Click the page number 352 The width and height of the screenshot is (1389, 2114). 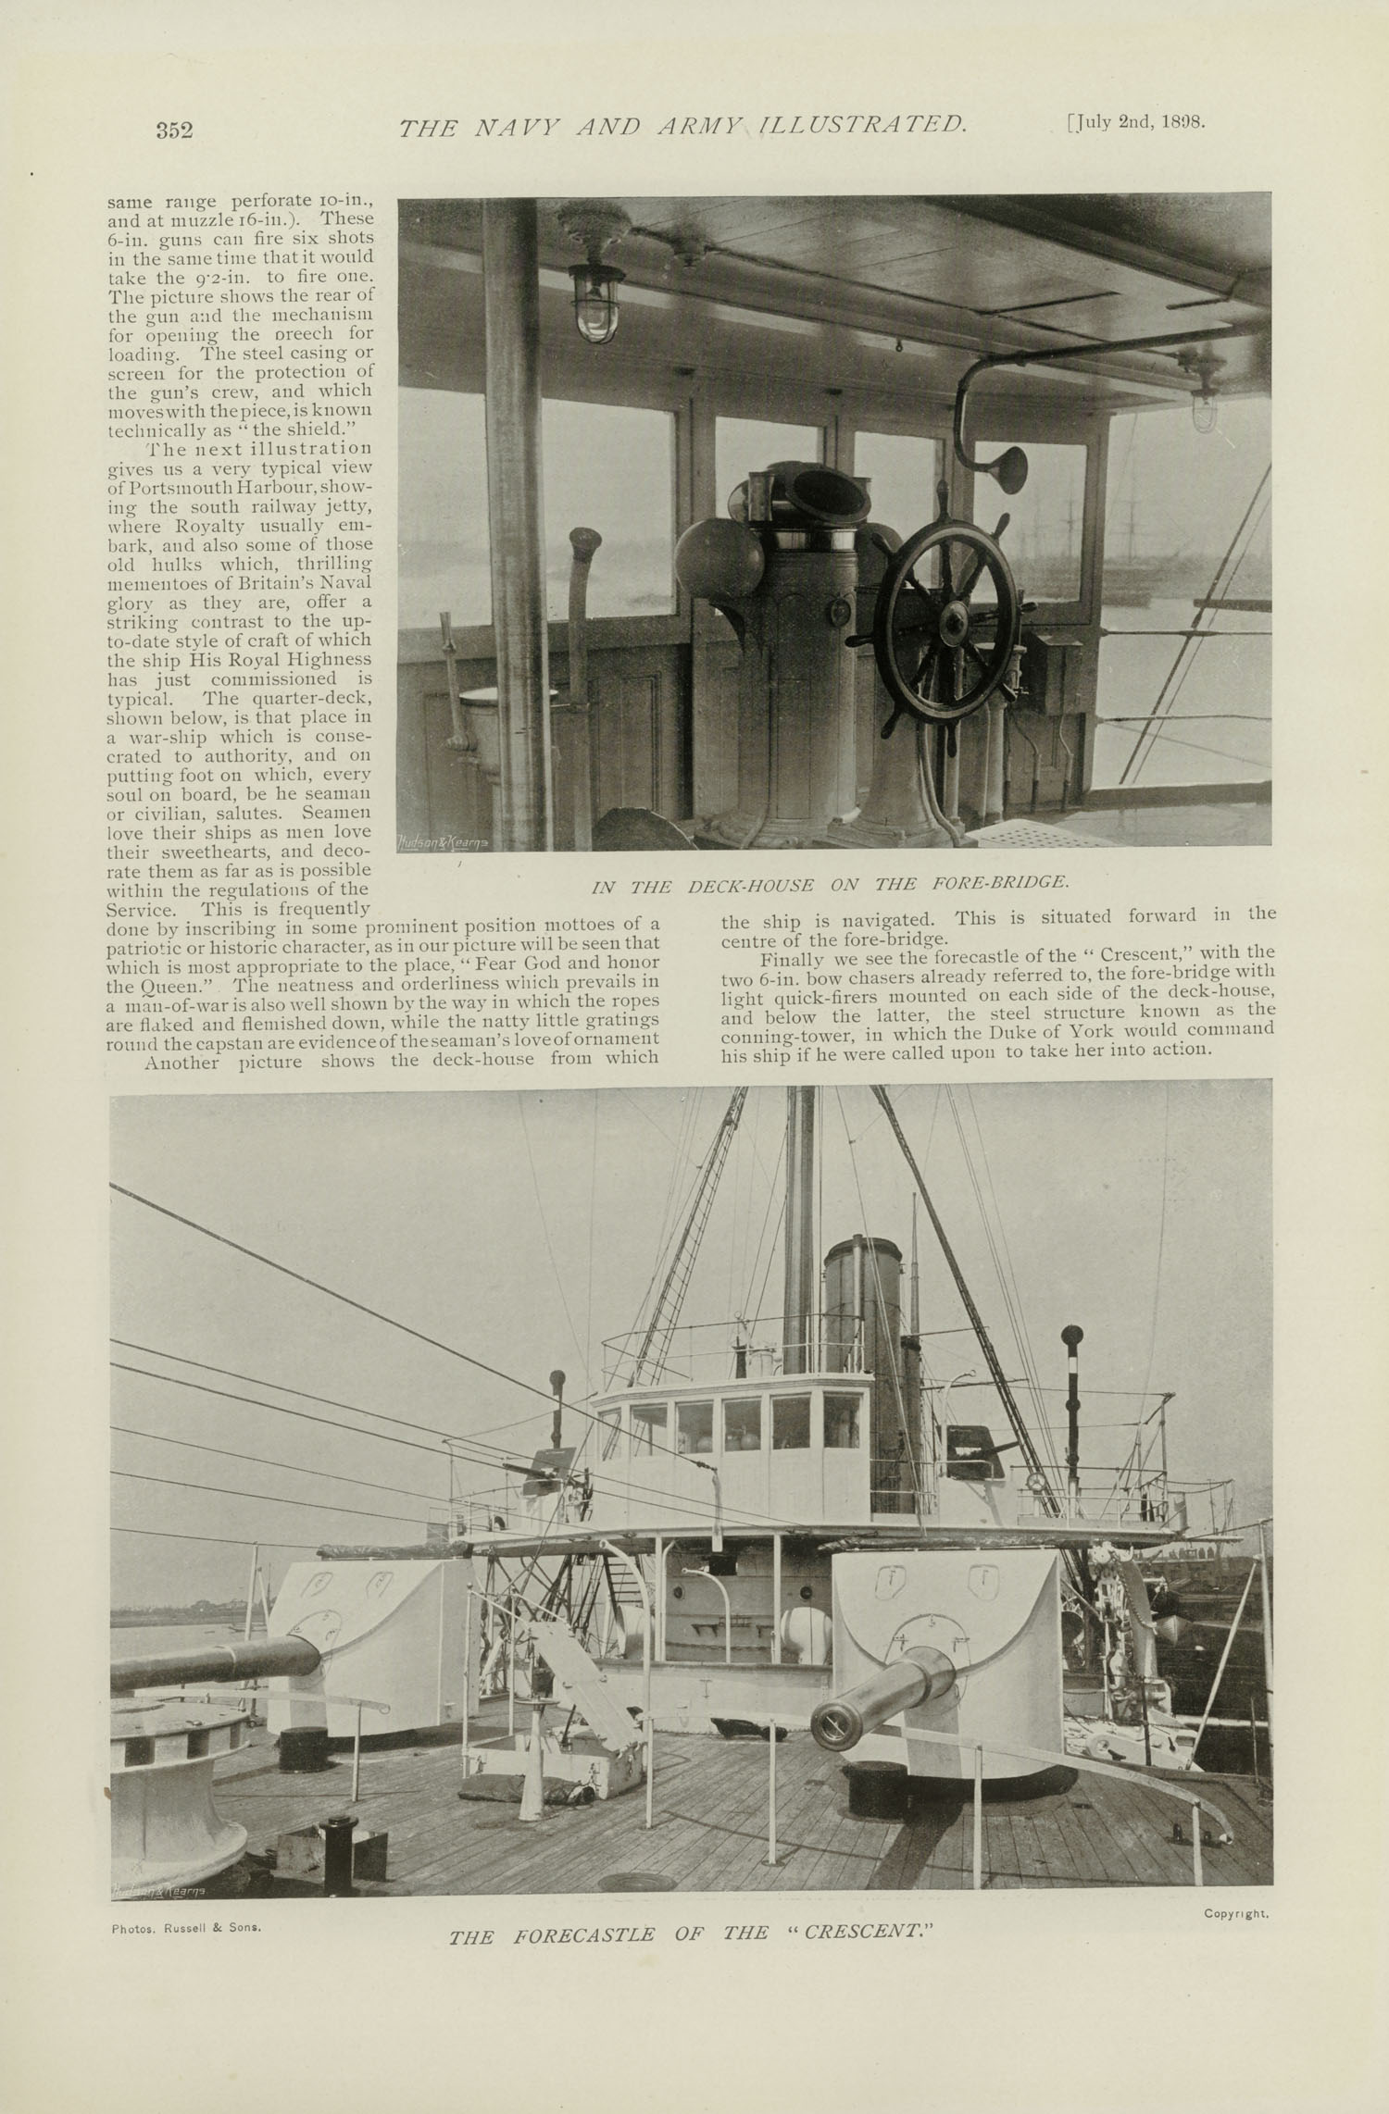pyautogui.click(x=174, y=130)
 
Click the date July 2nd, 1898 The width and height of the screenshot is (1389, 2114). pyautogui.click(x=1136, y=122)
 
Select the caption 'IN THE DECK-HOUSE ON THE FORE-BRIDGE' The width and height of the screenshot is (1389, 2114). pyautogui.click(x=831, y=883)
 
